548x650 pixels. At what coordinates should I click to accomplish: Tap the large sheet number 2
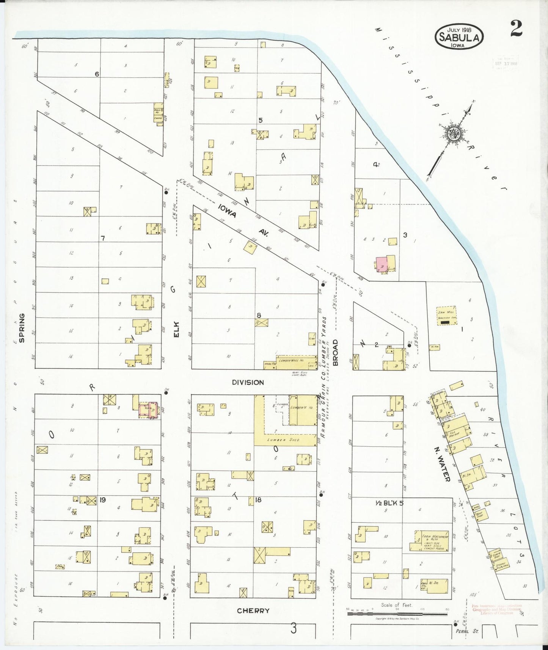coord(516,29)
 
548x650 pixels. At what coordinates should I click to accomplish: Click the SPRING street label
coord(22,328)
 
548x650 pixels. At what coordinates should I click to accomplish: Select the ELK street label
coord(176,329)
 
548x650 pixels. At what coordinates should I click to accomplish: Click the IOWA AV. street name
coord(243,220)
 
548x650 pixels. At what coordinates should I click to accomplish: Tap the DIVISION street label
coord(248,382)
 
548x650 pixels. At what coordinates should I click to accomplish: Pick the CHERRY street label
coord(253,611)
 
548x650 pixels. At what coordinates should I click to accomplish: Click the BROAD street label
coord(335,353)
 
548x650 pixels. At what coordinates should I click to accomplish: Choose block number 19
coord(102,500)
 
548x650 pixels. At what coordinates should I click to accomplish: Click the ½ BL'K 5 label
coord(389,503)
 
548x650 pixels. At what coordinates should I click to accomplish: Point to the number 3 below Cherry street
coord(294,629)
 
